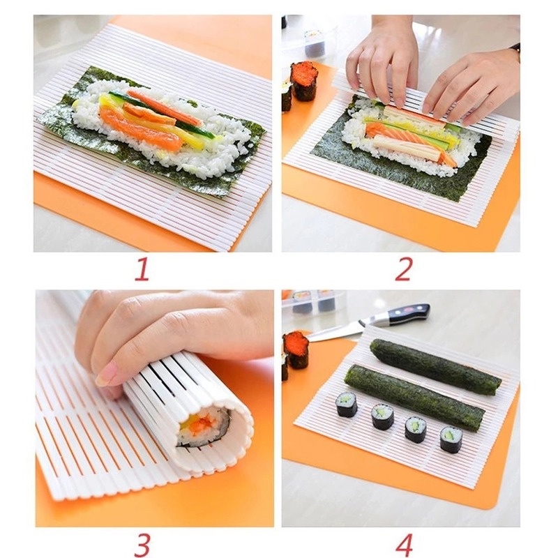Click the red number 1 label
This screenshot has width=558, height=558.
pos(142,269)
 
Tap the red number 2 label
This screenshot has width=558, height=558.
pos(402,269)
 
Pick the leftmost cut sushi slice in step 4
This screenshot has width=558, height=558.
pos(346,404)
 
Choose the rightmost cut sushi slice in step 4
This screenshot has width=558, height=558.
pos(451,439)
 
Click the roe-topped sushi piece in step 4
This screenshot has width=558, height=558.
pos(296,349)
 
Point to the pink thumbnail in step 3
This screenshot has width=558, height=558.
pos(106,375)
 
